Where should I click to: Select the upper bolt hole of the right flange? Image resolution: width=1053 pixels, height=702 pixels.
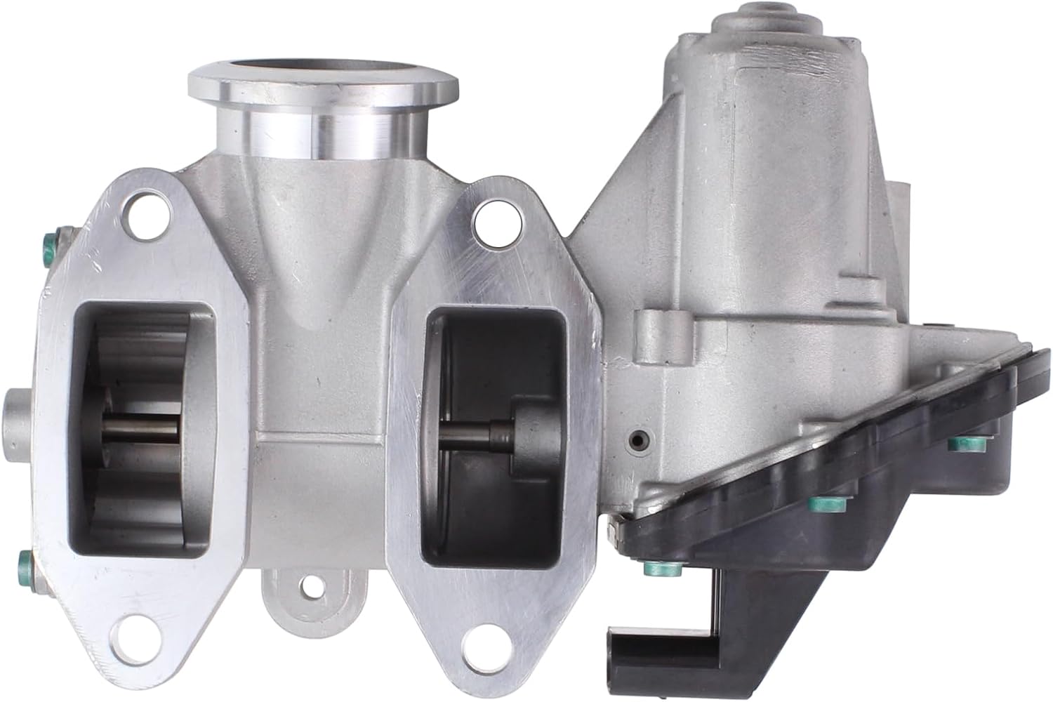[489, 219]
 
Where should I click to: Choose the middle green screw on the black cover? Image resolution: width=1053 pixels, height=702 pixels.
[817, 503]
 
